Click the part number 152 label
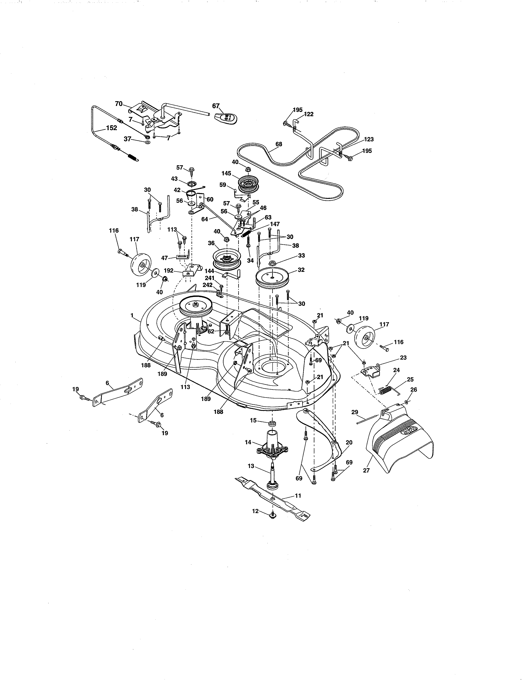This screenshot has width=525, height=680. [x=112, y=128]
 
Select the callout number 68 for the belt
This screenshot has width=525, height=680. [x=279, y=144]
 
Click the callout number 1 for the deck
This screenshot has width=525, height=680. [x=132, y=315]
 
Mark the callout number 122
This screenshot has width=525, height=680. [x=309, y=114]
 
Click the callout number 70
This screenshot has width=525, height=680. [x=119, y=104]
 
